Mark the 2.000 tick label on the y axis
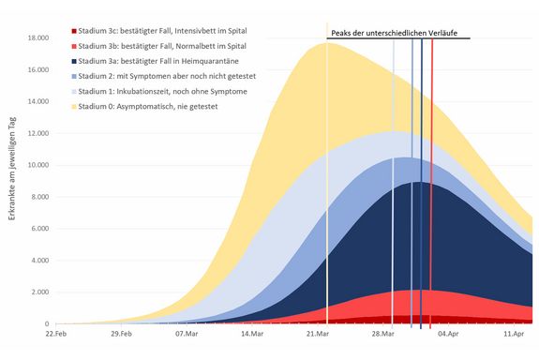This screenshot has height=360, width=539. point(39,292)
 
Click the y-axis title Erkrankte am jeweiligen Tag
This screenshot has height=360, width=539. point(11,178)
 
